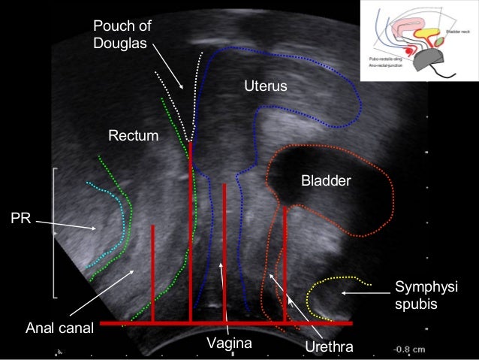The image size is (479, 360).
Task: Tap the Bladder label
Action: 321,181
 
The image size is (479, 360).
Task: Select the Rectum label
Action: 134,136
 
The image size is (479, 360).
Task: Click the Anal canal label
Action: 60,328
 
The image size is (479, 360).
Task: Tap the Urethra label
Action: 328,346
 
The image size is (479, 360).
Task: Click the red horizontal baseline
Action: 225,323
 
